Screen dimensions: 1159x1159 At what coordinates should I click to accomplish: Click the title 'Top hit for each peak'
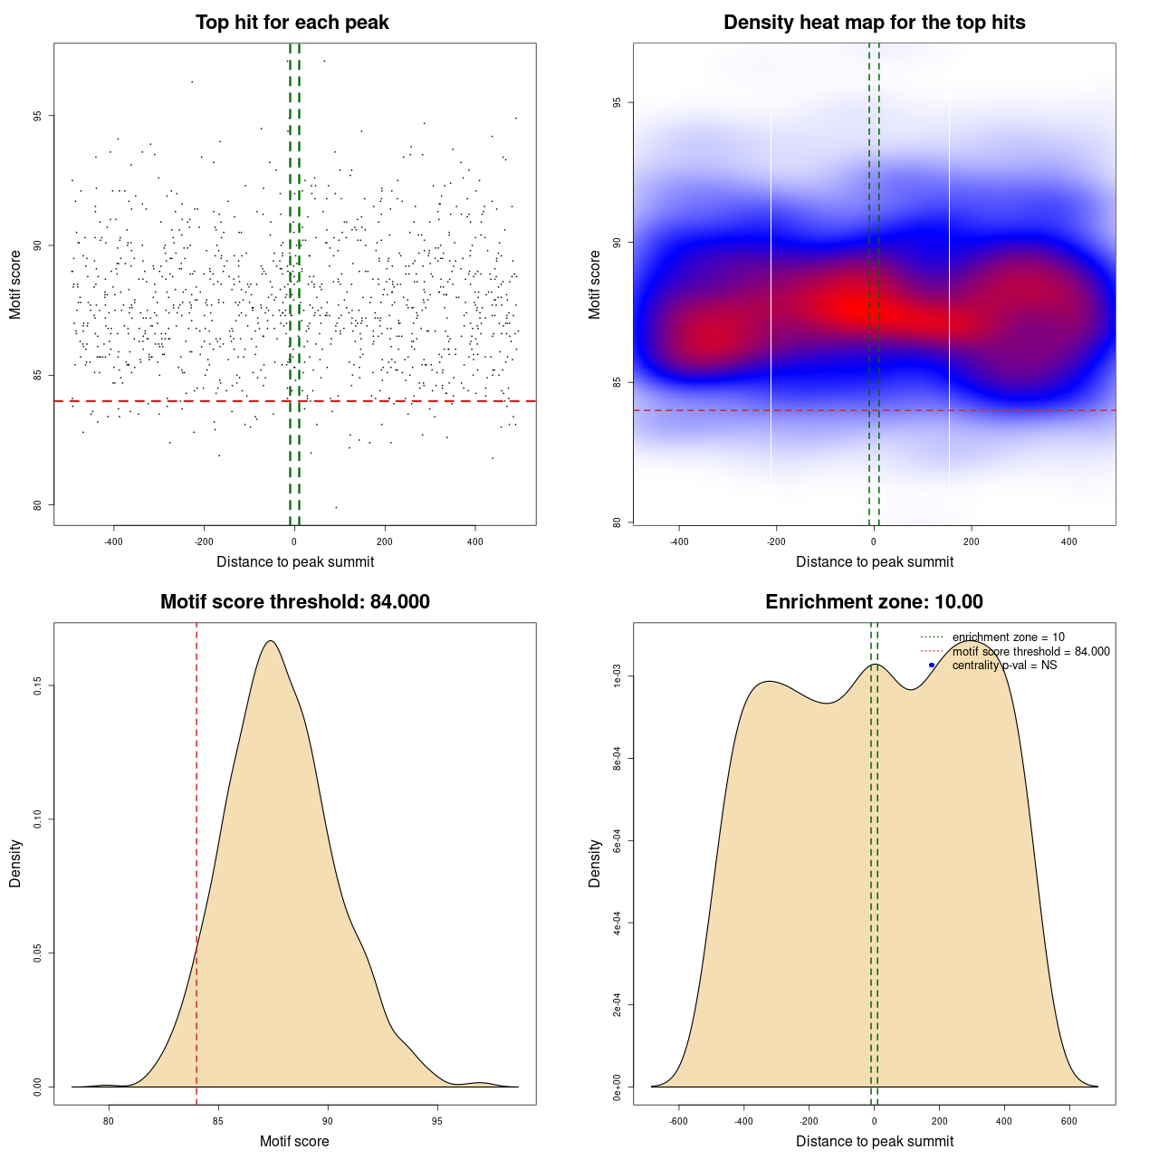click(292, 23)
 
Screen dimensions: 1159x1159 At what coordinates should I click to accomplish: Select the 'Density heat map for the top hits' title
click(874, 23)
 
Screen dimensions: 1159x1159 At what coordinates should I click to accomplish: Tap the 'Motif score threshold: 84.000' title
click(294, 602)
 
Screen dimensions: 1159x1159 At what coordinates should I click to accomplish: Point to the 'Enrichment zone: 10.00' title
click(874, 602)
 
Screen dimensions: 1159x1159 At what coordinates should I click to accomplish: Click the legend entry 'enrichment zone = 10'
click(1008, 637)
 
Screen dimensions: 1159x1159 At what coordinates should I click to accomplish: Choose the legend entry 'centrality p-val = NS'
click(1004, 666)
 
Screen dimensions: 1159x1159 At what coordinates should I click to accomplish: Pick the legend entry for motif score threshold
click(1030, 652)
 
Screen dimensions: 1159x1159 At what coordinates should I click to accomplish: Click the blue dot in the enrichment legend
click(932, 666)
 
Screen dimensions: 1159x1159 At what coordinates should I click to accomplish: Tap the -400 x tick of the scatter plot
click(113, 541)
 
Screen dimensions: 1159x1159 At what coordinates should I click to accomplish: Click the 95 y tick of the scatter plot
click(39, 116)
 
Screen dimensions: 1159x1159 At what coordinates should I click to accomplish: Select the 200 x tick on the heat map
click(972, 541)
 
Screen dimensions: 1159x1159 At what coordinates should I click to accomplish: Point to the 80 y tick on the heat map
click(618, 522)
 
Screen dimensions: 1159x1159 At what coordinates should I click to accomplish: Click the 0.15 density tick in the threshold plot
click(39, 686)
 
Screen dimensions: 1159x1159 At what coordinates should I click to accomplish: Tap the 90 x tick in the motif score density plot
click(328, 1121)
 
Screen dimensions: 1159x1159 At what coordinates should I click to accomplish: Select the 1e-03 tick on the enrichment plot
click(618, 676)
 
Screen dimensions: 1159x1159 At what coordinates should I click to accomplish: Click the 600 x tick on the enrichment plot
click(1069, 1121)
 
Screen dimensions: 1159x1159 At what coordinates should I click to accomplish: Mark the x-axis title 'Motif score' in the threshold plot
click(294, 1141)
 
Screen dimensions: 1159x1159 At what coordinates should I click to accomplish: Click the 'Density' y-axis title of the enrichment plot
click(595, 863)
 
